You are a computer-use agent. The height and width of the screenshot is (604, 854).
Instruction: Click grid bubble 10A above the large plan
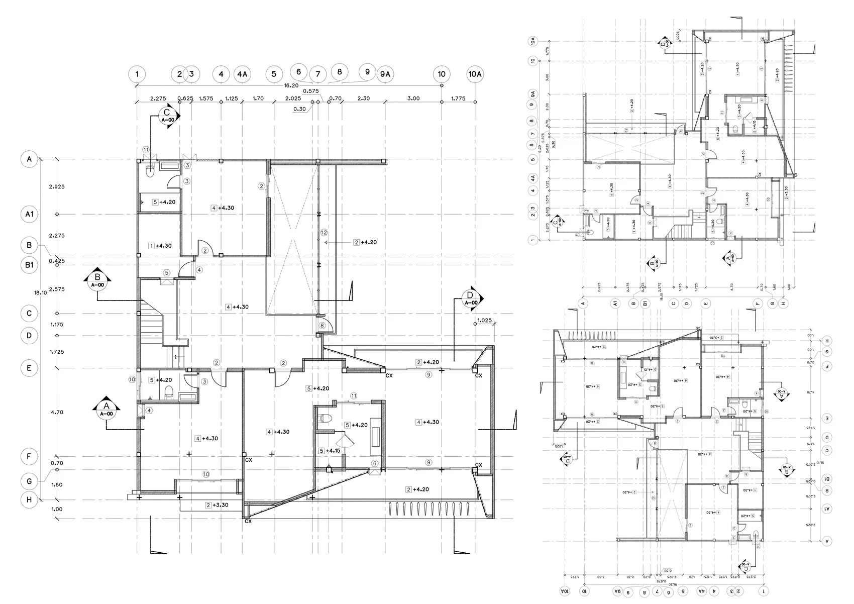click(x=475, y=74)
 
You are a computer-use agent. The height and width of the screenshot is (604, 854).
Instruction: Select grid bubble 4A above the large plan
click(x=242, y=74)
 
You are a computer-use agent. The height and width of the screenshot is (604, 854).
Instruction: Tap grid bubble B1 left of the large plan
click(x=30, y=265)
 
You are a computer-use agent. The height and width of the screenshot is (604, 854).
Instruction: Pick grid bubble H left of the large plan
click(x=30, y=500)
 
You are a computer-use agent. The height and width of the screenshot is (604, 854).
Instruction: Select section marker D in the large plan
click(x=470, y=297)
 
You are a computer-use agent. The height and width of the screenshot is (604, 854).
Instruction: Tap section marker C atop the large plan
click(x=167, y=115)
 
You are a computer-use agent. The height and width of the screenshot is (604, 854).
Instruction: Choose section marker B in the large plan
click(x=98, y=279)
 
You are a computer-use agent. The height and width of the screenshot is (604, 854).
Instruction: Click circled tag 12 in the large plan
click(x=324, y=233)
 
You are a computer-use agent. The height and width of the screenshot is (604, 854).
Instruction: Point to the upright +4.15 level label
click(x=330, y=451)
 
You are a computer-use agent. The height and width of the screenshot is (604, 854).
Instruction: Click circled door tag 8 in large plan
click(x=322, y=326)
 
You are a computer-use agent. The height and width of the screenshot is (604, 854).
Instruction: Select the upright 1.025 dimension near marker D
click(x=484, y=321)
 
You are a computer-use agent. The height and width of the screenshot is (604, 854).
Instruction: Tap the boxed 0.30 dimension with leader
click(x=299, y=109)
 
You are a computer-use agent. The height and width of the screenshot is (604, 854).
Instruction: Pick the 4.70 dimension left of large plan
click(x=57, y=412)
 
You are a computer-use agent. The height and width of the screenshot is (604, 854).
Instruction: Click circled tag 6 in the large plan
click(x=374, y=463)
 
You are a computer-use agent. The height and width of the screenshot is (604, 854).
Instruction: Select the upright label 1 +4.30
click(x=160, y=246)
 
